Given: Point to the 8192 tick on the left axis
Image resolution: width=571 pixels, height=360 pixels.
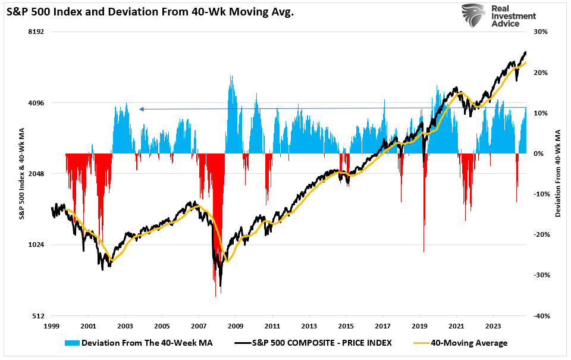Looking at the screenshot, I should [x=37, y=32].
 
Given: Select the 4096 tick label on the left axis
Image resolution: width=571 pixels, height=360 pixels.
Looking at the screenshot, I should [x=37, y=103].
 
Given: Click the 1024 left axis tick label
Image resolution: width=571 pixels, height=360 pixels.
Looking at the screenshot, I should [x=37, y=245].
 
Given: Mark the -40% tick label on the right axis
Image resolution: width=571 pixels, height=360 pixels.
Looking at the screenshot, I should [x=541, y=316].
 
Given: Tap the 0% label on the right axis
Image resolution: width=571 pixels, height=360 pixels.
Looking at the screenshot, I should [x=538, y=154].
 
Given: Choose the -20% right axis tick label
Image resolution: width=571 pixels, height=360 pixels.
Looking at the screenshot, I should [x=541, y=234].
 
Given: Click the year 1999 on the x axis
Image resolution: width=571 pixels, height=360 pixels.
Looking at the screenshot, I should [x=52, y=327].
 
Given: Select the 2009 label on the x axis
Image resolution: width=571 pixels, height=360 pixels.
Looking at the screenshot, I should [x=236, y=327].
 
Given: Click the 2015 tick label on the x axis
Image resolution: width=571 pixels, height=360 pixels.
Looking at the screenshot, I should [x=346, y=327].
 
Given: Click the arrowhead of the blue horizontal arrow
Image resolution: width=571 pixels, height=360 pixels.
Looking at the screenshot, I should [x=141, y=109].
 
